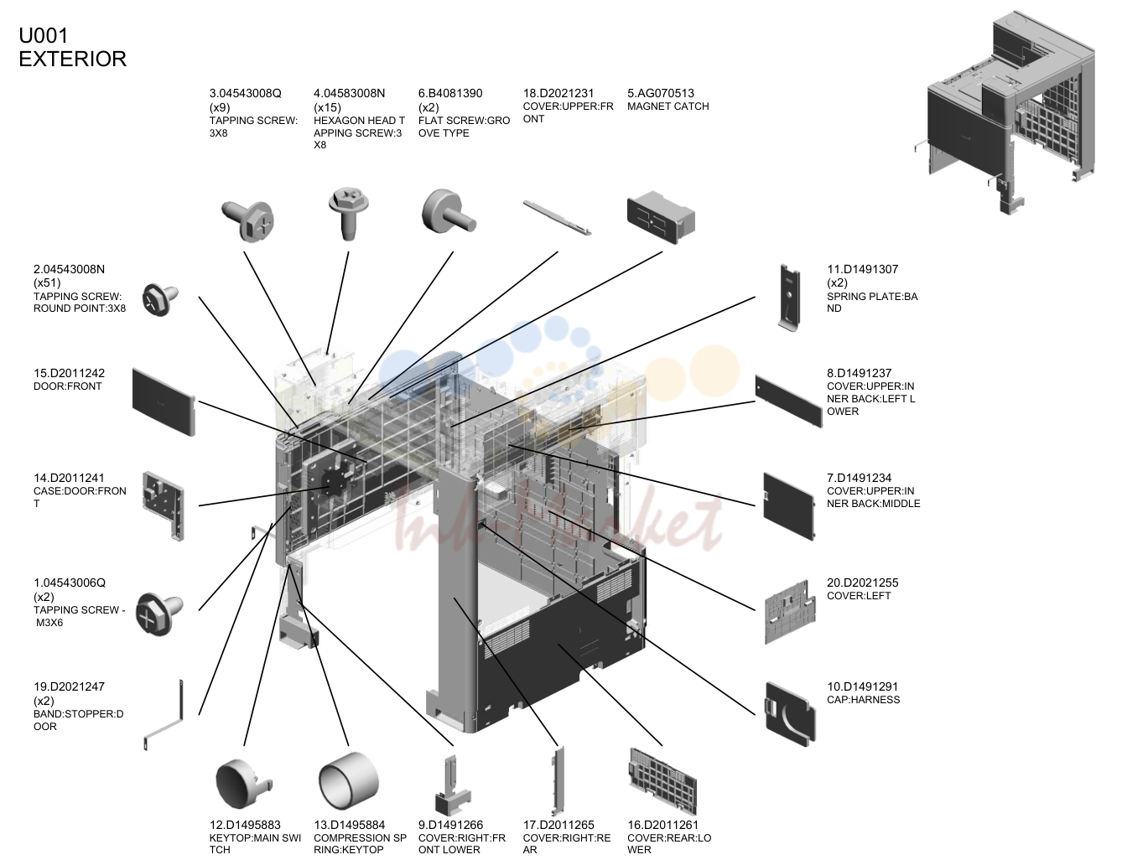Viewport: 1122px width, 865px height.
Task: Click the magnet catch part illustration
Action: (x=661, y=218)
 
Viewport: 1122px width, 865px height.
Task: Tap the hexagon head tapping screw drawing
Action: (x=349, y=213)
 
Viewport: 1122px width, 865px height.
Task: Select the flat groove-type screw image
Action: (x=448, y=212)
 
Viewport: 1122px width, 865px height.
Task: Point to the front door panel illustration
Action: (x=164, y=402)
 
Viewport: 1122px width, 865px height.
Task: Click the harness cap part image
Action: (x=790, y=714)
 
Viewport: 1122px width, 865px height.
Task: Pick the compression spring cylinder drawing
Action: (x=349, y=781)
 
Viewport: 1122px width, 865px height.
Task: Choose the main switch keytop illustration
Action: (x=243, y=783)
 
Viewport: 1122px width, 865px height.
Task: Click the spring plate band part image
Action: (x=789, y=298)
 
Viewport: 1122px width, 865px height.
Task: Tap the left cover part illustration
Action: (x=790, y=612)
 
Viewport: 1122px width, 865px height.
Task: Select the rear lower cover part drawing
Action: (x=662, y=780)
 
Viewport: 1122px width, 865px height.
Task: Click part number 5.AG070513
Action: (x=661, y=93)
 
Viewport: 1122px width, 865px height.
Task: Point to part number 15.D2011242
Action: (x=70, y=373)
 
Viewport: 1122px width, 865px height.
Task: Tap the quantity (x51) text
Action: (x=47, y=282)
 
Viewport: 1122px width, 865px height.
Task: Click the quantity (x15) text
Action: (x=327, y=107)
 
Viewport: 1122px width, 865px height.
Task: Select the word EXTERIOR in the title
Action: (x=73, y=59)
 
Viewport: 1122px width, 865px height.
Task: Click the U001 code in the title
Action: (x=44, y=35)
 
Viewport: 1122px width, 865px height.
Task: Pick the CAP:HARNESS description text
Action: (x=864, y=700)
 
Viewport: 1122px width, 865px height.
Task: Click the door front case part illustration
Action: (x=164, y=505)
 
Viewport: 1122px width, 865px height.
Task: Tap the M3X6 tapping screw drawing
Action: (x=159, y=614)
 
